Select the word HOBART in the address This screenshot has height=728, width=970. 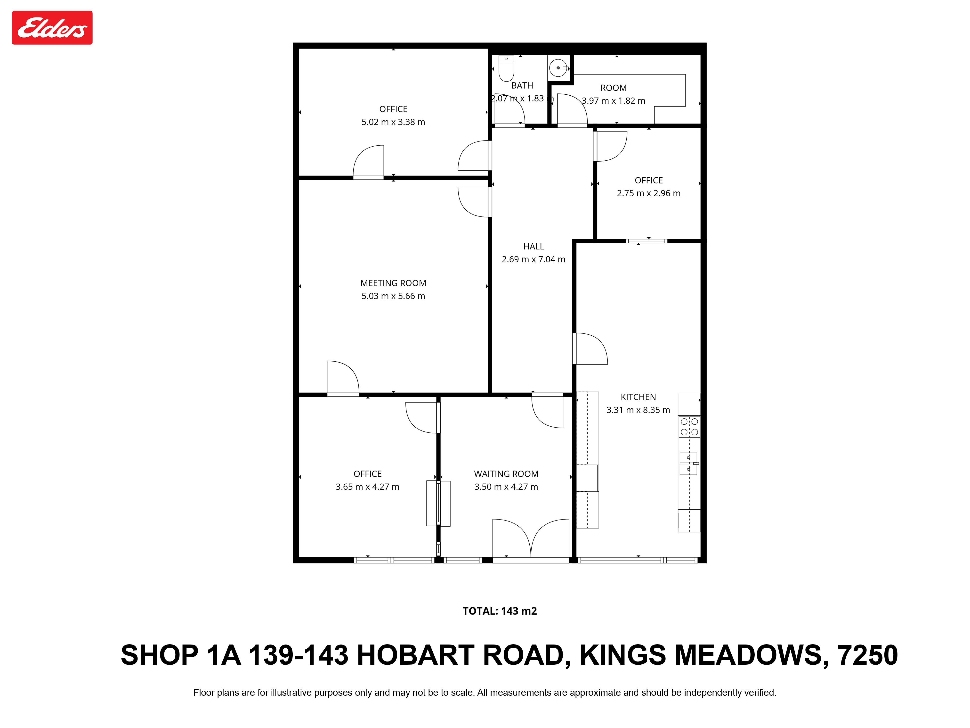415,655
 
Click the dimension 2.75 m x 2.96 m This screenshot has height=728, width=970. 649,193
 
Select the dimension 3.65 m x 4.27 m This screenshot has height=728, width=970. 367,487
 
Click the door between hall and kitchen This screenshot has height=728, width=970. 590,349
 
